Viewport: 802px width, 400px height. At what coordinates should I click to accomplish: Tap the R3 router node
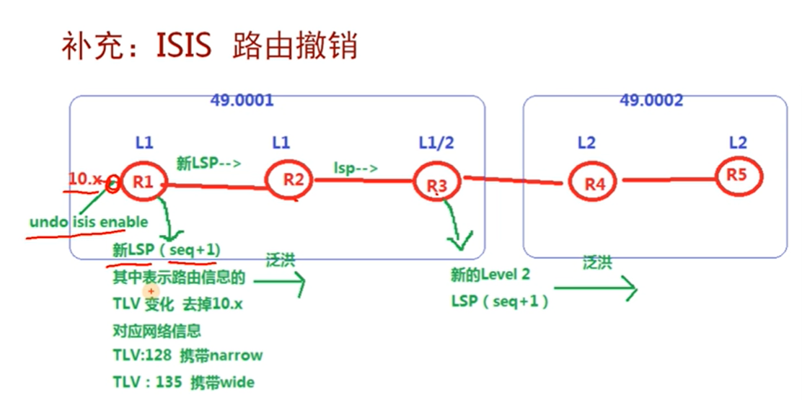pos(437,184)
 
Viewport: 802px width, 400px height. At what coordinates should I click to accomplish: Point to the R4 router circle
pos(594,183)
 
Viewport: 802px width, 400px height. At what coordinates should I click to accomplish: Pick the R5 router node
pos(737,174)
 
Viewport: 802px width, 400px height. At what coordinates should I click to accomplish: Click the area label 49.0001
pos(242,100)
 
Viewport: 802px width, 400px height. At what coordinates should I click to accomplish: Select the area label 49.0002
pos(651,100)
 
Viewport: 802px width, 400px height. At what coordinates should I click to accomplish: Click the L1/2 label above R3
pos(436,143)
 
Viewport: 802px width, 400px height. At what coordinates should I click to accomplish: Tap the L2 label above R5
pos(737,143)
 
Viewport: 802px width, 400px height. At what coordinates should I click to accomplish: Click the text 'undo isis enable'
pos(89,222)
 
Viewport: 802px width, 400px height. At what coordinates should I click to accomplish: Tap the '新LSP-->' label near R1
pos(208,163)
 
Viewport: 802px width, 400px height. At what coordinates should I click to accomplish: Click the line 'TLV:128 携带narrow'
pos(188,355)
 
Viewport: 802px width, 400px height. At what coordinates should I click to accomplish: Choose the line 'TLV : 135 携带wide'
pos(183,382)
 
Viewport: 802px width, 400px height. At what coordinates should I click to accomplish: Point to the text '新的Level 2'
pos(490,275)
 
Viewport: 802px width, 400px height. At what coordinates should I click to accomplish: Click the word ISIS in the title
pos(183,47)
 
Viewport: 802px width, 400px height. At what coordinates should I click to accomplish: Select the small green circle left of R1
pos(112,185)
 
